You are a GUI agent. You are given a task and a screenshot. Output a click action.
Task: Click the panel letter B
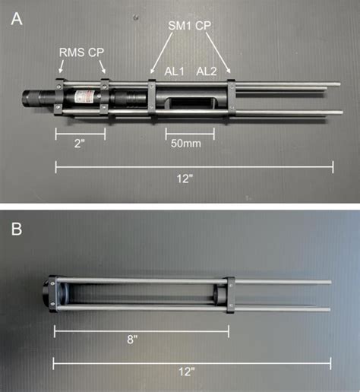(x=17, y=228)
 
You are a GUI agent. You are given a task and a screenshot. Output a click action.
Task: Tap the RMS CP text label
(x=81, y=53)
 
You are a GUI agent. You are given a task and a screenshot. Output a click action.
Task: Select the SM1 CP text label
(x=189, y=27)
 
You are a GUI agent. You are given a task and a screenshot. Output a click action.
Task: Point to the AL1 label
(x=176, y=71)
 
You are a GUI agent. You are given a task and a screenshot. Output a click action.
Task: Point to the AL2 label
(x=208, y=71)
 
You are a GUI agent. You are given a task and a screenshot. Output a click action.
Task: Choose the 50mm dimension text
(x=185, y=144)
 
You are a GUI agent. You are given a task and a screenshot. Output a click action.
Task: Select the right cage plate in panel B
(x=229, y=295)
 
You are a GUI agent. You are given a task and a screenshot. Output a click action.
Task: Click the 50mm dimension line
(x=190, y=131)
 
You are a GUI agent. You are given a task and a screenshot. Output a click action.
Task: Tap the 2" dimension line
(x=80, y=131)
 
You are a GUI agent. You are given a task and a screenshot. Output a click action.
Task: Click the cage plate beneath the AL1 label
(x=153, y=98)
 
